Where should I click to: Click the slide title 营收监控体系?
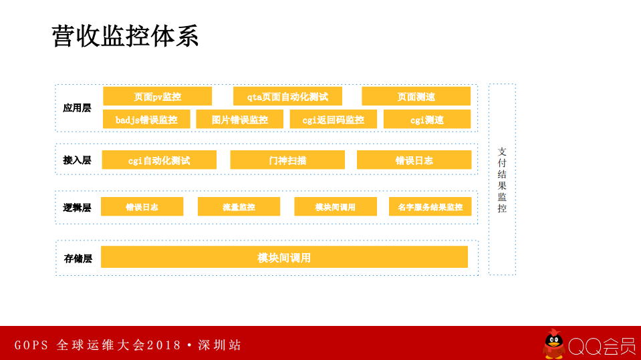click(125, 36)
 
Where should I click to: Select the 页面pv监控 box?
click(157, 96)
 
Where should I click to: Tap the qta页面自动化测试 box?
click(287, 96)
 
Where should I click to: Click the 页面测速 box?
click(416, 96)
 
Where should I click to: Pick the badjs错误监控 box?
click(146, 120)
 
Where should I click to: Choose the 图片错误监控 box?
click(239, 120)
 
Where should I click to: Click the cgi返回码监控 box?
click(333, 120)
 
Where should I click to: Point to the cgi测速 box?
click(426, 120)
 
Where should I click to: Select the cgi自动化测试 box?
click(159, 160)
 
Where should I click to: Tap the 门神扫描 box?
click(287, 160)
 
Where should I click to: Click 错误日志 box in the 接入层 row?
click(414, 160)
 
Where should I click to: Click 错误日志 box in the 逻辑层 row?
click(142, 207)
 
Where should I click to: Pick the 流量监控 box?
click(239, 207)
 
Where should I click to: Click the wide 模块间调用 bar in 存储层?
click(284, 257)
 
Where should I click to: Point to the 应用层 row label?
click(77, 108)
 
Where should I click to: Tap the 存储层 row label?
click(78, 258)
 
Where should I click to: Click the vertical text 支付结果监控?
click(502, 180)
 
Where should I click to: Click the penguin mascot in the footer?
click(553, 344)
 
